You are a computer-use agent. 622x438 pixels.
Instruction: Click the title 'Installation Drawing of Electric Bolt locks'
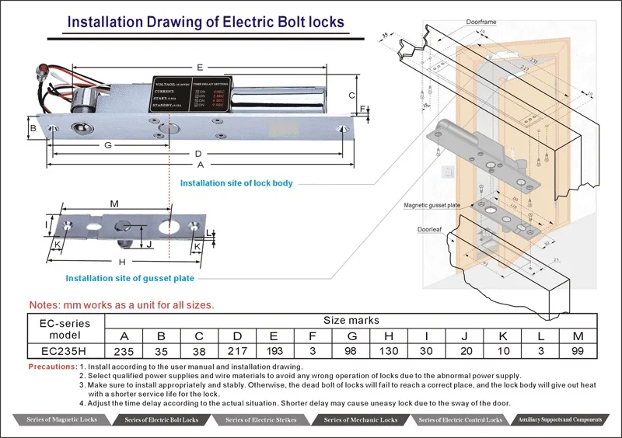tap(205, 21)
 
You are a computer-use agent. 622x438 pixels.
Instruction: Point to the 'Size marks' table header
tap(351, 319)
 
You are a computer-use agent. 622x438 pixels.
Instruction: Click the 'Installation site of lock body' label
tap(236, 183)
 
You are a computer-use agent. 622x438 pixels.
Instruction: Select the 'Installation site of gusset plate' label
tap(130, 278)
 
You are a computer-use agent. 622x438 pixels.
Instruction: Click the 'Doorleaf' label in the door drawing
tap(429, 230)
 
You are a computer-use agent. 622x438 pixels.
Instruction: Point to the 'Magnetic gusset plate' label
tap(432, 205)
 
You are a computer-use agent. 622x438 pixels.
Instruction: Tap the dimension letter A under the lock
tap(201, 165)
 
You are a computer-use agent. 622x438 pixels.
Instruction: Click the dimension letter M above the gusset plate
tap(114, 204)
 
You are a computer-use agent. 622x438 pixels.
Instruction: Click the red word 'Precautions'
tap(51, 366)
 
